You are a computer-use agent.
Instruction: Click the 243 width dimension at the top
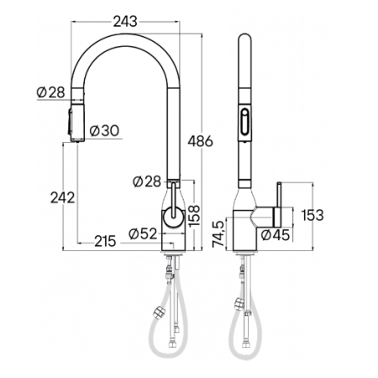click(125, 22)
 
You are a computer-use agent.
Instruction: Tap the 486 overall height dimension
click(200, 141)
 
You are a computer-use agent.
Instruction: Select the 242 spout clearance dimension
click(63, 197)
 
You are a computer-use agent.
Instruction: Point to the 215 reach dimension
click(105, 241)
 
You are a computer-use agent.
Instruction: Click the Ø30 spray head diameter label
click(105, 130)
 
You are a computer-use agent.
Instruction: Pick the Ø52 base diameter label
click(144, 234)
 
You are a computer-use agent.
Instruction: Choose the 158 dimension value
click(194, 216)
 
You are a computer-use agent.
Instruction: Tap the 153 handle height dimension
click(312, 215)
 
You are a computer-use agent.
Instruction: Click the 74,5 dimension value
click(218, 234)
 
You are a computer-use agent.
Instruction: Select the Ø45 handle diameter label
click(276, 235)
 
